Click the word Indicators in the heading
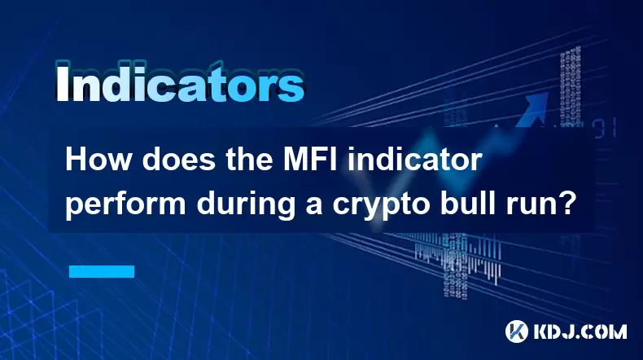[180, 83]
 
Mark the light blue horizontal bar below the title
[102, 271]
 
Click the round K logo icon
[517, 331]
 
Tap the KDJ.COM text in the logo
[580, 331]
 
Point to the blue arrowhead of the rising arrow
[536, 104]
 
